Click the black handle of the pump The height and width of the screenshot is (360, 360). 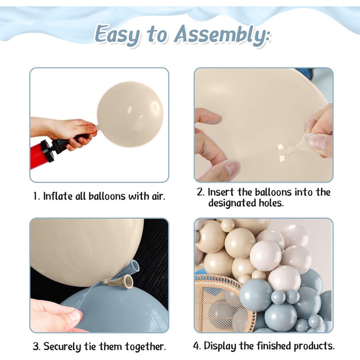click(67, 142)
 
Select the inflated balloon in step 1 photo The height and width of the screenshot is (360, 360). click(130, 114)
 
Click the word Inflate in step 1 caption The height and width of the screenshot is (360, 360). click(58, 197)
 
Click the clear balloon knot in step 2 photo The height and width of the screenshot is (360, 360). click(310, 135)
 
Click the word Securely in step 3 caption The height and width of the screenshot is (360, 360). click(63, 347)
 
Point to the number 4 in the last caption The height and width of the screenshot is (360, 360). click(196, 346)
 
